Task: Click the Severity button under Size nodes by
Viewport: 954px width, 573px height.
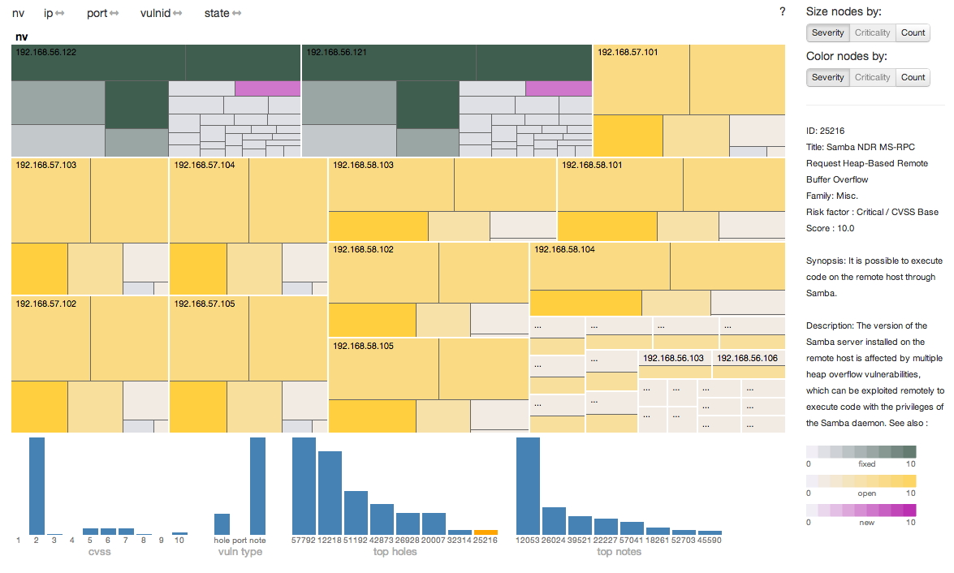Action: (x=827, y=32)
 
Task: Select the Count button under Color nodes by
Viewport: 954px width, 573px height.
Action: (x=913, y=77)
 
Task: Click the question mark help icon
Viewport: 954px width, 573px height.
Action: (x=782, y=12)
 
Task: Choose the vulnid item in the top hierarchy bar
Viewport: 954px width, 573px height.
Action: (x=155, y=14)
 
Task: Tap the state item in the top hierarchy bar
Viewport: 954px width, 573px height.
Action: (x=217, y=14)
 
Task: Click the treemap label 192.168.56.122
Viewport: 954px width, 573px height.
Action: (x=46, y=52)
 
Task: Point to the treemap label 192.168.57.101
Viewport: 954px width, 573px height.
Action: (x=628, y=52)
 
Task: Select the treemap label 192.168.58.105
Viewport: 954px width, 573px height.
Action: (x=363, y=346)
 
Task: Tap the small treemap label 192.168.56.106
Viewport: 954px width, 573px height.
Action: (x=747, y=358)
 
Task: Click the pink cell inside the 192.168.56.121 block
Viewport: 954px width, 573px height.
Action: (x=559, y=88)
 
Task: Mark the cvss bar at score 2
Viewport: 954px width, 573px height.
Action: (x=37, y=485)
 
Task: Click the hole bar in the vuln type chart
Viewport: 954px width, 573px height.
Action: (x=222, y=523)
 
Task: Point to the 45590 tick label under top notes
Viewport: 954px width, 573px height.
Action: (x=709, y=541)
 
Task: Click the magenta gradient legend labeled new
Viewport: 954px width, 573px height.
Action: (x=861, y=511)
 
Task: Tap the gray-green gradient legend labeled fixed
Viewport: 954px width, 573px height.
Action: (x=861, y=452)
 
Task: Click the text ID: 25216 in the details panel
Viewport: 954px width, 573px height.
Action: (x=824, y=131)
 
